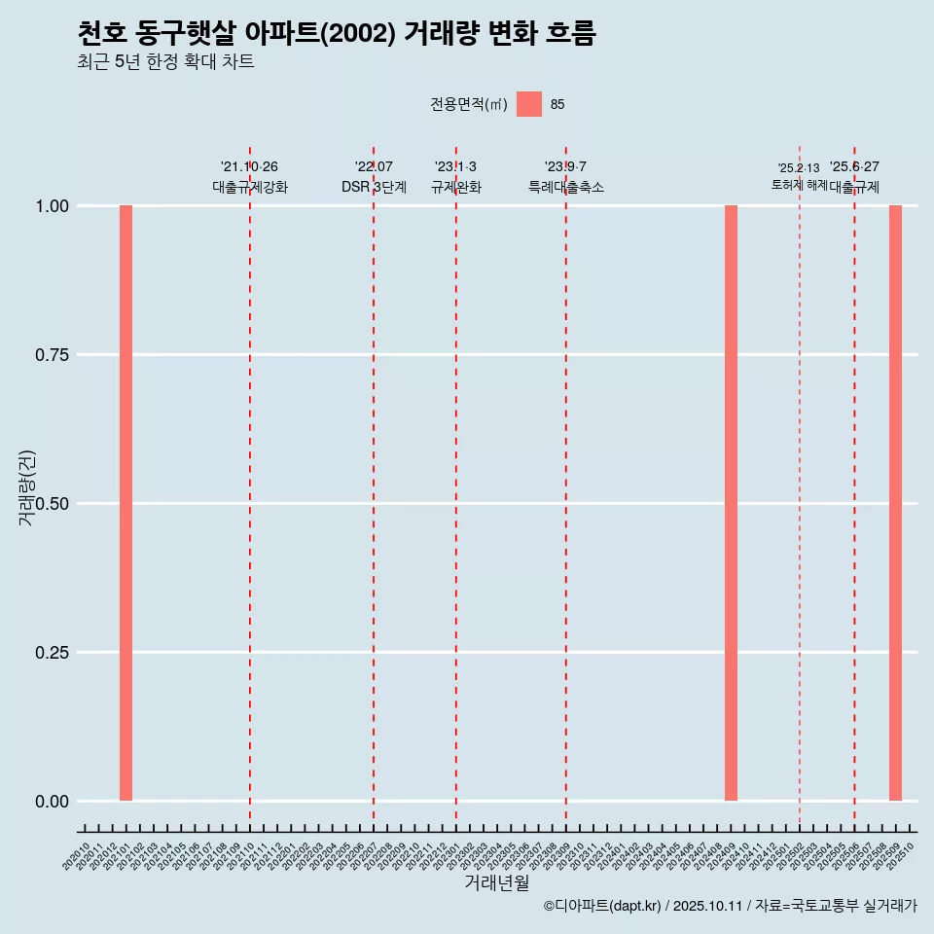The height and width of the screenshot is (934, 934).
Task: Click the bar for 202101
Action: pos(126,503)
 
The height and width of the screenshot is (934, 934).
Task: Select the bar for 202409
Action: pos(731,503)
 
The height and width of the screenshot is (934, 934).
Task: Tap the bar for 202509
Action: pos(895,503)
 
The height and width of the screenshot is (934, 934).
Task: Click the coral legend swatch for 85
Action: pos(529,104)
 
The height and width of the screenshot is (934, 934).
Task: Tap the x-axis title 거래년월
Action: pos(497,883)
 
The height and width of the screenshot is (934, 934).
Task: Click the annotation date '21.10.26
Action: pos(250,166)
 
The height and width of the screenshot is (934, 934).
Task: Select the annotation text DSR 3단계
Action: pos(374,187)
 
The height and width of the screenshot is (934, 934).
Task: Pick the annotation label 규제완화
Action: pos(456,187)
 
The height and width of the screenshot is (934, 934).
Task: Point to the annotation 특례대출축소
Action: pos(566,187)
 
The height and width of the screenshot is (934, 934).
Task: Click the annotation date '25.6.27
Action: pos(854,166)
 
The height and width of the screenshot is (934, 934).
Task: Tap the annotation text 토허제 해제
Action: pos(799,184)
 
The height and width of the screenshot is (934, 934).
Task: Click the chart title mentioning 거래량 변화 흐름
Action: pos(336,33)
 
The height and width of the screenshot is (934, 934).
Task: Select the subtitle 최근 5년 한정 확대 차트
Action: pos(165,62)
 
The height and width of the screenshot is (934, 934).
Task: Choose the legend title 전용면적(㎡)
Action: pos(469,104)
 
